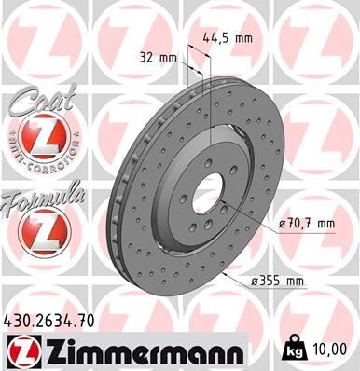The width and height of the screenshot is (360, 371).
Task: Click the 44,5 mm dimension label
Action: (x=227, y=38)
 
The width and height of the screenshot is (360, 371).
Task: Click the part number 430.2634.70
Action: (x=57, y=320)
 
